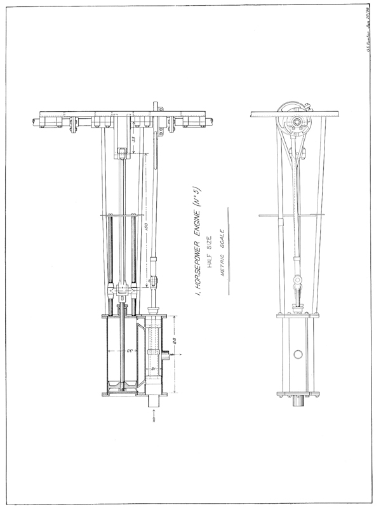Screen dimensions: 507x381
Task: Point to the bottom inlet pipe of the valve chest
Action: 154,402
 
